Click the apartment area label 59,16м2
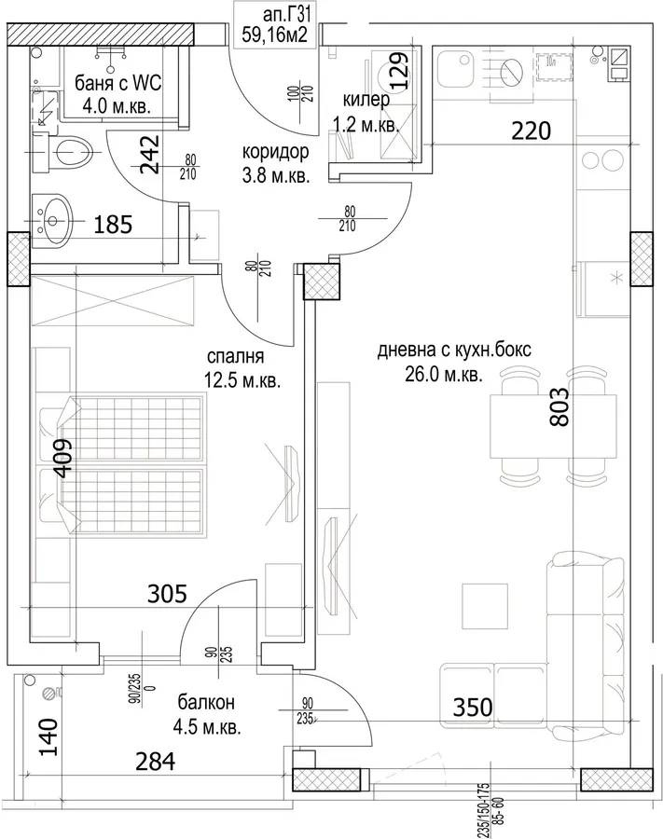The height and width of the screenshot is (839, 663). [x=274, y=34]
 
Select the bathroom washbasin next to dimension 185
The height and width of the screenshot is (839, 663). [x=50, y=219]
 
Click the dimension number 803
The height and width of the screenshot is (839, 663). [x=559, y=406]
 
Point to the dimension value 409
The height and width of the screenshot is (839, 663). [x=63, y=458]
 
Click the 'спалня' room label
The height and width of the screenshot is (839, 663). [x=235, y=356]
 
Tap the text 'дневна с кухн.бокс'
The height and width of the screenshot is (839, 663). [x=454, y=350]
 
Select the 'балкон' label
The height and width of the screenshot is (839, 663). [x=206, y=702]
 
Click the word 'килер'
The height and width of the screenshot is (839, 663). [x=366, y=100]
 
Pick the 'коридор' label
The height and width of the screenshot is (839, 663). [x=276, y=152]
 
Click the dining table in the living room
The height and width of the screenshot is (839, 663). [x=553, y=426]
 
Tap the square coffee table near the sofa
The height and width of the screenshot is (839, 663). [x=484, y=606]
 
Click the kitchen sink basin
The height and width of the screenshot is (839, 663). [x=455, y=69]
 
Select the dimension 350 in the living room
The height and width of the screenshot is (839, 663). [x=473, y=707]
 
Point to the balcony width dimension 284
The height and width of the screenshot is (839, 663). [x=155, y=762]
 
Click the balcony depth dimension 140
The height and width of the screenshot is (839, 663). [x=48, y=736]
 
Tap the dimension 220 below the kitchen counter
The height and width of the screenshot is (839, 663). [x=531, y=131]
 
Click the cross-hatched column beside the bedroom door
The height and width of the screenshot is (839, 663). [x=321, y=282]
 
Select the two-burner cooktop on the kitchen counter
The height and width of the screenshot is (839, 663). [x=602, y=159]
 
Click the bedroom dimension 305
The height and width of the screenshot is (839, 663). [x=167, y=594]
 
